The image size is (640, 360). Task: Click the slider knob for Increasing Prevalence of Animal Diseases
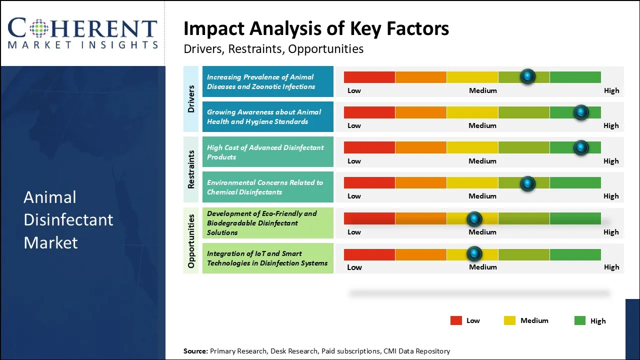tap(527, 76)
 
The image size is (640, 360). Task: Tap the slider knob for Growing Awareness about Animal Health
tap(580, 112)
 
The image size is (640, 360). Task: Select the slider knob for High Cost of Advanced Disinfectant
tap(580, 147)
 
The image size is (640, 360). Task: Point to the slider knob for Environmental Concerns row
tap(527, 183)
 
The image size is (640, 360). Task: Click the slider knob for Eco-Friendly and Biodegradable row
tap(474, 218)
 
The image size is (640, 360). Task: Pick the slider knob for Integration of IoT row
tap(474, 254)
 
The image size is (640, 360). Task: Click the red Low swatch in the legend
tap(456, 320)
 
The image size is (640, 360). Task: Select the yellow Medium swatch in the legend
tap(509, 320)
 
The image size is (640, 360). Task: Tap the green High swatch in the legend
tap(580, 320)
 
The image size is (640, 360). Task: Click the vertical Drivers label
tap(191, 99)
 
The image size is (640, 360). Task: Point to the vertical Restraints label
tap(191, 169)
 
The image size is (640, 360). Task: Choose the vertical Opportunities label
tap(191, 240)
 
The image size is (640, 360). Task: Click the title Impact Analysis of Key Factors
tap(316, 29)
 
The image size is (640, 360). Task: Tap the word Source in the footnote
tap(195, 351)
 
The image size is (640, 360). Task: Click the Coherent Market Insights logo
tap(82, 33)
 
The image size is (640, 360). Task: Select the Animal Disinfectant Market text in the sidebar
tap(68, 219)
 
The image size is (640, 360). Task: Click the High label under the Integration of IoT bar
tap(611, 267)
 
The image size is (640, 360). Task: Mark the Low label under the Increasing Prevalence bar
tap(354, 90)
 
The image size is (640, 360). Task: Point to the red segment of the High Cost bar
tap(369, 147)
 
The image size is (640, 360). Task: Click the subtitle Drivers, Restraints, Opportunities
tap(273, 49)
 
